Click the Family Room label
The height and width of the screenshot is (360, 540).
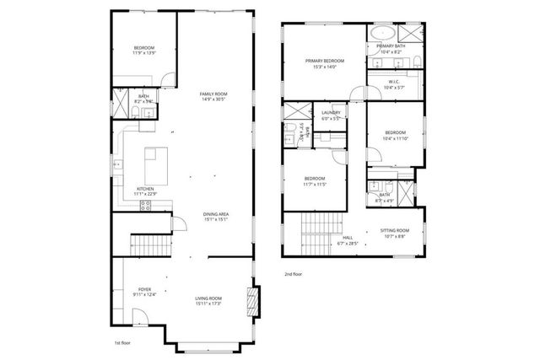(213, 94)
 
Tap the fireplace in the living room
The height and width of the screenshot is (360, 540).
(250, 299)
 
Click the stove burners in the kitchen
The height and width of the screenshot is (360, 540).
(145, 205)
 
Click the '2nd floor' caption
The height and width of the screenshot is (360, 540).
(294, 274)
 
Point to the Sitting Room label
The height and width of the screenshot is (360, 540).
(396, 230)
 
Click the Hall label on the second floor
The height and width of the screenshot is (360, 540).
(348, 238)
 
